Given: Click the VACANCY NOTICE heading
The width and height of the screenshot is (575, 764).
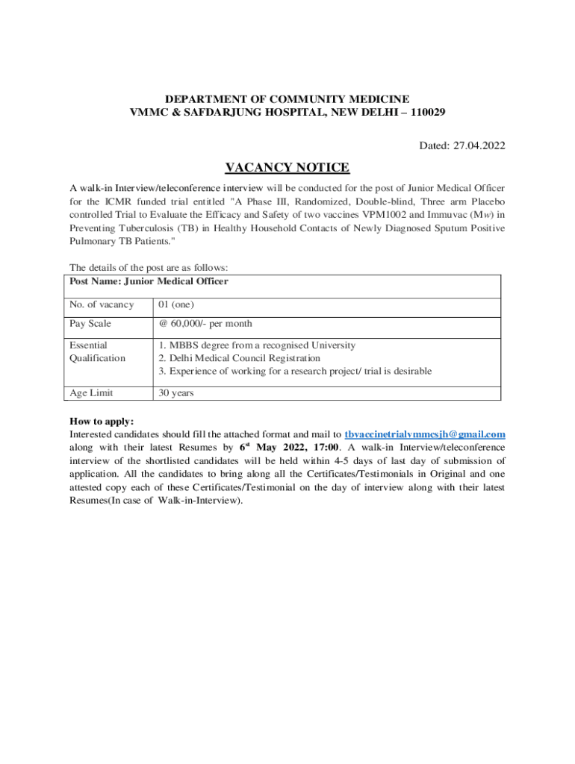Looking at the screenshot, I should coord(287,167).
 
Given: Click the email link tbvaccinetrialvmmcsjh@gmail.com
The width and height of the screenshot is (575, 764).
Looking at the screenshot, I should coord(425,434).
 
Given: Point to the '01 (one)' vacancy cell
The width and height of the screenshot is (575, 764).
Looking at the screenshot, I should coord(177,304).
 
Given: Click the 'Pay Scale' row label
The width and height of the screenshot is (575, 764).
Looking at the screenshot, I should coord(90,324).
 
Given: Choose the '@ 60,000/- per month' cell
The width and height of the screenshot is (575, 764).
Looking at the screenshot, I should coord(205,324).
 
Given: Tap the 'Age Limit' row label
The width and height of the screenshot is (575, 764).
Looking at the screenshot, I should coord(91,392).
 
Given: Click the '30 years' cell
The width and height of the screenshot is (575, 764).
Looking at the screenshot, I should coord(176,392).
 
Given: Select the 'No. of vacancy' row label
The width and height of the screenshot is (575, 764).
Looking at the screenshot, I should coord(102,304).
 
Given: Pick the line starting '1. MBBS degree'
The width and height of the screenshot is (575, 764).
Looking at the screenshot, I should coord(257,345).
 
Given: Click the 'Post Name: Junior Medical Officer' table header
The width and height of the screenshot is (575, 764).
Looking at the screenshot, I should coord(149,282).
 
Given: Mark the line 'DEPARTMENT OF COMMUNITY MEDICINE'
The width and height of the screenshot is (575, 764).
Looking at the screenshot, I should coord(287,99).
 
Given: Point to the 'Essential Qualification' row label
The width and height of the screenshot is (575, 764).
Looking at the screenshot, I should coord(97,351).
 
